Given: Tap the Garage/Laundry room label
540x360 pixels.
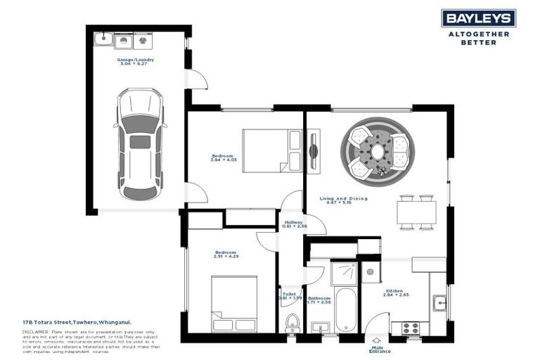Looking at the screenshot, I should pos(136,62).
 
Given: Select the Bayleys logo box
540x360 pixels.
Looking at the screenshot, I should pos(478,18).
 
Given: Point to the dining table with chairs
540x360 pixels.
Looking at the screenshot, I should pos(417,212).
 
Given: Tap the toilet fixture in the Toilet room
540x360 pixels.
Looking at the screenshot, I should pos(292,323).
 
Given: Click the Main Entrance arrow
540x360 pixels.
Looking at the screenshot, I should pos(376,340).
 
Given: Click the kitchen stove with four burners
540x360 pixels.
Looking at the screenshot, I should pos(409,327).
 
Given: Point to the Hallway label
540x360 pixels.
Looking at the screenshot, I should pos(292,224).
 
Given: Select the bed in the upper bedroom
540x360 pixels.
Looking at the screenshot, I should pos(271,150).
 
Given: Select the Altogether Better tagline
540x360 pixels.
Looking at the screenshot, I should pos(478,37).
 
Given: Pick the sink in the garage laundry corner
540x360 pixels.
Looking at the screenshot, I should pos(103,38).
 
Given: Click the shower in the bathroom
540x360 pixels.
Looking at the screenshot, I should pos(345,273).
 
